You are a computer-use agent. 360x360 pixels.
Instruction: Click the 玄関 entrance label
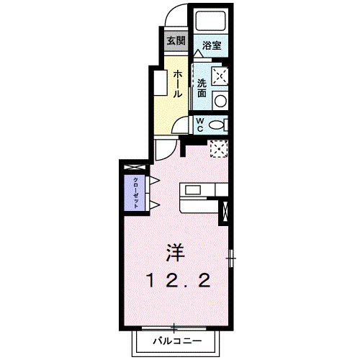(x=176, y=40)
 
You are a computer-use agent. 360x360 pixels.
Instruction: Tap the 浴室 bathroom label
(x=211, y=45)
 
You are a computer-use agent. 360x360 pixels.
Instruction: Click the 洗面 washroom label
(x=203, y=88)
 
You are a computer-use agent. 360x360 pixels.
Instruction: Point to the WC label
(x=200, y=125)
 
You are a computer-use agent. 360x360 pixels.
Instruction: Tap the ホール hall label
(x=176, y=84)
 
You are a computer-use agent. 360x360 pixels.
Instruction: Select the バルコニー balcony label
(x=173, y=341)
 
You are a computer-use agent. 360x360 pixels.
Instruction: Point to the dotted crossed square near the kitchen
(x=218, y=150)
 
